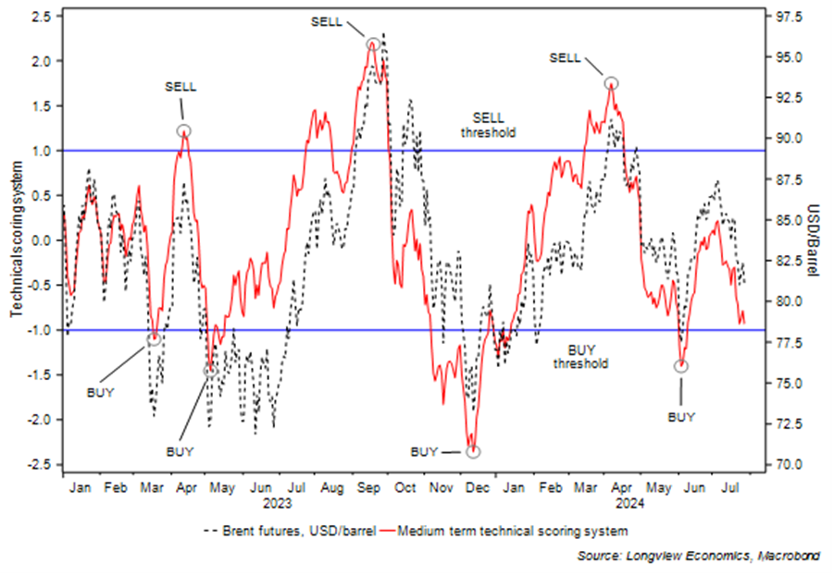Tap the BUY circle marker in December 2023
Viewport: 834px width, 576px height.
point(474,452)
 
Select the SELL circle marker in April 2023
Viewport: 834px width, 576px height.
point(183,131)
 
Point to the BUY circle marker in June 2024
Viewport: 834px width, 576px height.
point(682,366)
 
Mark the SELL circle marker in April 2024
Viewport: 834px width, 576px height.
point(611,83)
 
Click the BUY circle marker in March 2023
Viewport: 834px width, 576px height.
point(155,339)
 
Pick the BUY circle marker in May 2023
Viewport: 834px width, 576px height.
point(212,371)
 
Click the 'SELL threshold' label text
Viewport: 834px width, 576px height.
point(488,126)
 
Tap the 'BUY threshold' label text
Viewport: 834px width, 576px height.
point(580,357)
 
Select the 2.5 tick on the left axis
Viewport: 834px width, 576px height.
point(44,16)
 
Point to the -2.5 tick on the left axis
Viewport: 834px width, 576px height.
point(41,464)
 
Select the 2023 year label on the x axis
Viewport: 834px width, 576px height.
point(277,504)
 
